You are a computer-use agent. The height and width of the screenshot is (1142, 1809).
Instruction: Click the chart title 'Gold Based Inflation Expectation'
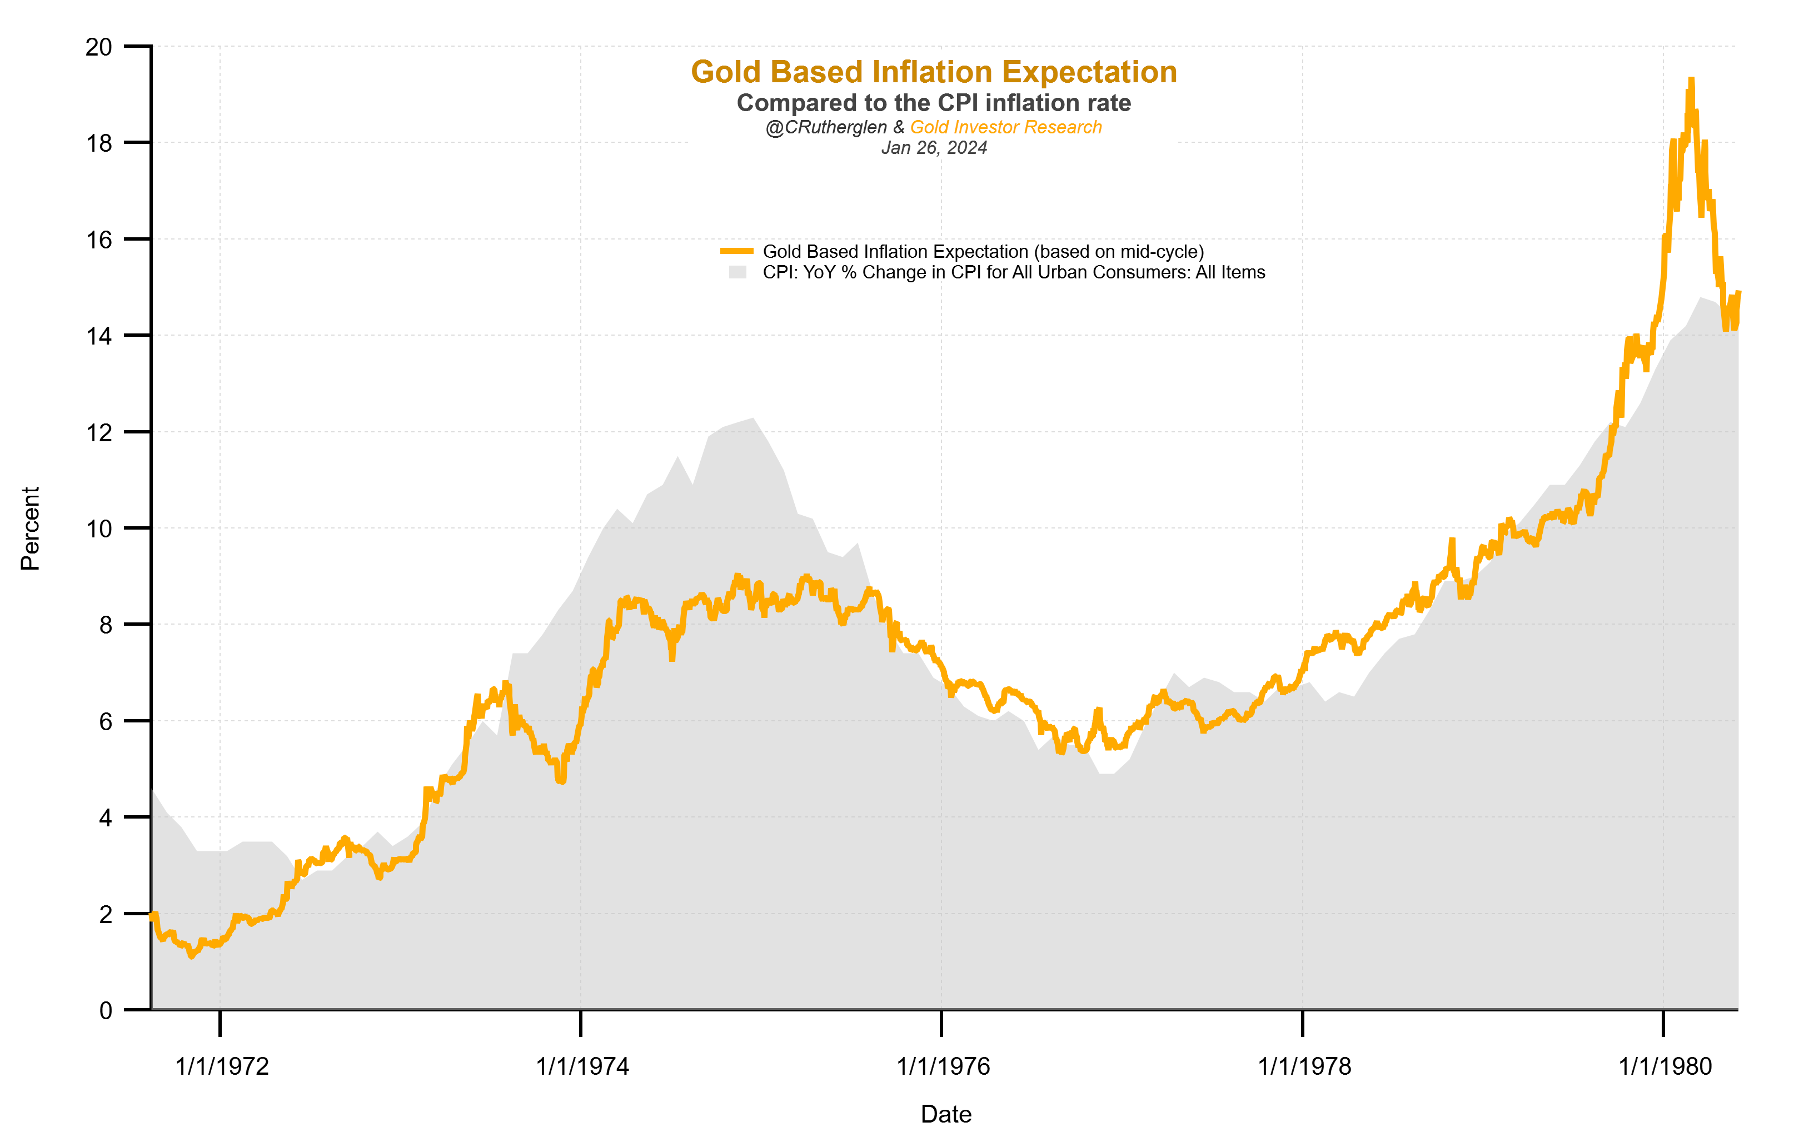click(933, 72)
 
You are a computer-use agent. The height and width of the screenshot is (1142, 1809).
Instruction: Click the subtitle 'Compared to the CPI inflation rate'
click(933, 103)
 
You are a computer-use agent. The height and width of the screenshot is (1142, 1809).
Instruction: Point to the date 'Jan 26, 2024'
click(933, 148)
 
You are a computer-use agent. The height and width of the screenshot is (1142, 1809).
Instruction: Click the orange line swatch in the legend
click(736, 251)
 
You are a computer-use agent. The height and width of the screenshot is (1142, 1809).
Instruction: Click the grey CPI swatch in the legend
click(737, 272)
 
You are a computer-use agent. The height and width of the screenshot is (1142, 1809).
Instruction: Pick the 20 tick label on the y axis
click(98, 47)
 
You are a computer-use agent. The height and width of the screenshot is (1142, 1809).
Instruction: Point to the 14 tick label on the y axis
click(98, 336)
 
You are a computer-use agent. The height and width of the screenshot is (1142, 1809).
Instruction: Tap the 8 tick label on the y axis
click(105, 625)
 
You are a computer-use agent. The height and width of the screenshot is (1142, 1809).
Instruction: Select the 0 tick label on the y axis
click(105, 1010)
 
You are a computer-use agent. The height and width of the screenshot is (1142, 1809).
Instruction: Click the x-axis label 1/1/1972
click(222, 1066)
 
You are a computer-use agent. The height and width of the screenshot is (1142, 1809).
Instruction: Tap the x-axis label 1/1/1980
click(1665, 1066)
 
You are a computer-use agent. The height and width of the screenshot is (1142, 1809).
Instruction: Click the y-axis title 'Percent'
click(30, 528)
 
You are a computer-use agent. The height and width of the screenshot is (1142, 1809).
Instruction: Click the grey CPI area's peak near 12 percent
click(752, 419)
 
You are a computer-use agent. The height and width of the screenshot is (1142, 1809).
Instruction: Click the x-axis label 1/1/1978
click(1304, 1066)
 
